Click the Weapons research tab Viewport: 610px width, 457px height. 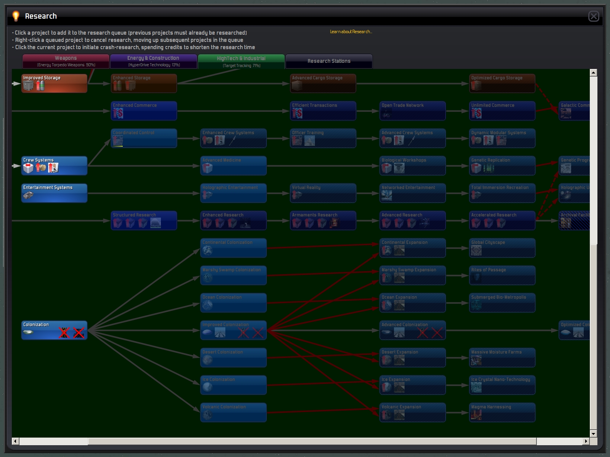66,61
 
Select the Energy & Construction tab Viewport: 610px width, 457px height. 153,61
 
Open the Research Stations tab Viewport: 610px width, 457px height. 329,61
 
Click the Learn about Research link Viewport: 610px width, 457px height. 351,32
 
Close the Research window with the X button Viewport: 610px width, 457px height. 594,16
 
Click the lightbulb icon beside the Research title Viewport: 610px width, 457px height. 16,16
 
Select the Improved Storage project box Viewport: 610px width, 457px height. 54,83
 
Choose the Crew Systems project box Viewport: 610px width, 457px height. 54,166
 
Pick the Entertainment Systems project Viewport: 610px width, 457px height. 54,193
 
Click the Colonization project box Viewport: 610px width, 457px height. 54,330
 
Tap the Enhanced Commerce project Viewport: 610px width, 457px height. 144,111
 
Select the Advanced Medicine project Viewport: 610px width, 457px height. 233,166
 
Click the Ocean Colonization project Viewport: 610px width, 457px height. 233,303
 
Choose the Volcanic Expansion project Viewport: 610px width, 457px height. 413,412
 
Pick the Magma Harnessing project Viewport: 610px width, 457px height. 502,412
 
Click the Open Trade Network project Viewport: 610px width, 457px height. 413,111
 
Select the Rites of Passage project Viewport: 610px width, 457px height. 502,275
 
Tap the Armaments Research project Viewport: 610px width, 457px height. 323,221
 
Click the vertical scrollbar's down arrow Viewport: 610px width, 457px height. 593,434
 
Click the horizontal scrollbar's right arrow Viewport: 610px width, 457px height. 586,441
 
